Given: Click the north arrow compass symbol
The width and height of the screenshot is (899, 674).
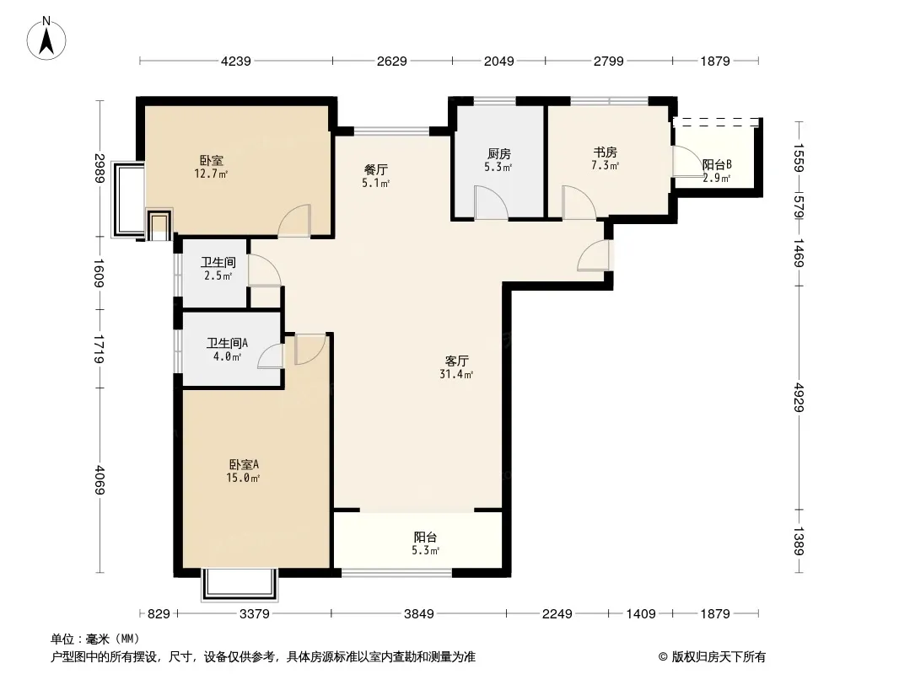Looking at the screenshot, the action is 46,39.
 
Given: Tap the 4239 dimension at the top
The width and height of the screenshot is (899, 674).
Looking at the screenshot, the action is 236,61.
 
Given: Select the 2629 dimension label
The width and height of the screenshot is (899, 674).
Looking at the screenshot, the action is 392,61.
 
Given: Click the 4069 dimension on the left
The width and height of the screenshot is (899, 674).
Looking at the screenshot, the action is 100,480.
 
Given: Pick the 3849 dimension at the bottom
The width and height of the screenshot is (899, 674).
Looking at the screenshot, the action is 419,614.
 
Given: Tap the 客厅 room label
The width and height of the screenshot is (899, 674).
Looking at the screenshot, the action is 457,361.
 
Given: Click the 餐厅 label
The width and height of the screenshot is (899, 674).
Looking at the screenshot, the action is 376,169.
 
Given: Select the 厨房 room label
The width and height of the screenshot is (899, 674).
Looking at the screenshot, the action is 498,153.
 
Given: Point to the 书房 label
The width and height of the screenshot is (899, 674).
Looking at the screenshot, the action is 606,152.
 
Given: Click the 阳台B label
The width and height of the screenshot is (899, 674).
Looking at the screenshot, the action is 717,165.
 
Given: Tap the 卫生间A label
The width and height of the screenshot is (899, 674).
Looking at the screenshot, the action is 227,343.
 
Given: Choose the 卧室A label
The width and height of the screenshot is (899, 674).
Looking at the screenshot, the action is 244,464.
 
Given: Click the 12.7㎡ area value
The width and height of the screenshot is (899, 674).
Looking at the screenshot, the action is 211,174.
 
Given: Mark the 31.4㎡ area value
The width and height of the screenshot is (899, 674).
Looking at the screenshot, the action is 456,375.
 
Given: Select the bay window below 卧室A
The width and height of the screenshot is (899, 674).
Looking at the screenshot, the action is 239,585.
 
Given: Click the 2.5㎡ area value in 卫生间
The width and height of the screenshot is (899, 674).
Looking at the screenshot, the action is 218,275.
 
